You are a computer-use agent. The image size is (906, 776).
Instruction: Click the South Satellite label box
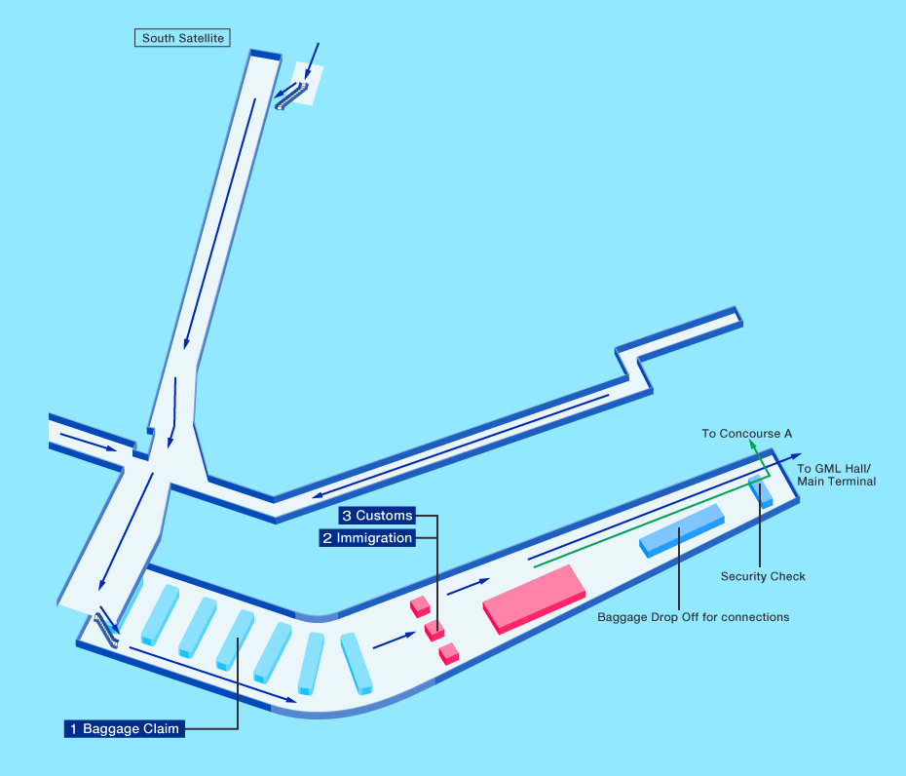[182, 39]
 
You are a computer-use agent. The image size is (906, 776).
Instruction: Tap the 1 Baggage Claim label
[124, 728]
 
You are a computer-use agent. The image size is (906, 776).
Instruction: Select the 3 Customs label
[377, 515]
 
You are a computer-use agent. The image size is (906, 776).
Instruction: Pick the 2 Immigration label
[367, 537]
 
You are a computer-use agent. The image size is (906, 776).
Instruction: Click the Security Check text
[763, 576]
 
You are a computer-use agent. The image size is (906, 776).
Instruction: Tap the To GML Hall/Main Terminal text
[836, 475]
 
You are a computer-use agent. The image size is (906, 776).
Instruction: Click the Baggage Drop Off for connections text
[693, 617]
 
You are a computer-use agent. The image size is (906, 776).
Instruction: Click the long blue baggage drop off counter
[681, 529]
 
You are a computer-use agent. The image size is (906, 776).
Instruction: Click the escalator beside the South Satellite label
[291, 95]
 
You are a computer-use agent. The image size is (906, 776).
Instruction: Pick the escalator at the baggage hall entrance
[106, 630]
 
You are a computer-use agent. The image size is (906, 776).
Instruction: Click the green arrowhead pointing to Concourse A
[752, 444]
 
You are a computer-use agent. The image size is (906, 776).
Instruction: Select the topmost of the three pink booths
[420, 606]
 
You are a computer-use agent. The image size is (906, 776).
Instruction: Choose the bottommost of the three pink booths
[448, 653]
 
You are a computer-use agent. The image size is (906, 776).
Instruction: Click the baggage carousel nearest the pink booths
[357, 663]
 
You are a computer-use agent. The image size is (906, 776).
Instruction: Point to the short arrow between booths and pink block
[468, 586]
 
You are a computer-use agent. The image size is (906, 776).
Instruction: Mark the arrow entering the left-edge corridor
[88, 441]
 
